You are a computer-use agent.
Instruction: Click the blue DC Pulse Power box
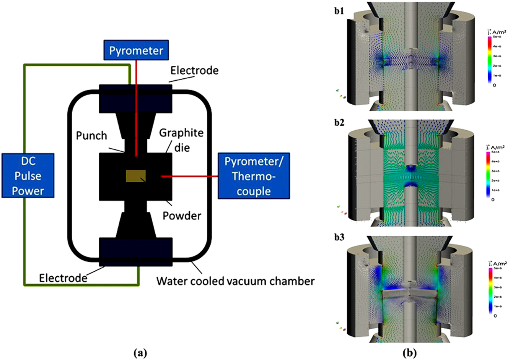tap(28, 175)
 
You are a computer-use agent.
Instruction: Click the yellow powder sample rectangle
tap(136, 176)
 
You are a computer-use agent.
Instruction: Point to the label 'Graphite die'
tap(181, 140)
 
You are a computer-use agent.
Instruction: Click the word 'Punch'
tap(91, 136)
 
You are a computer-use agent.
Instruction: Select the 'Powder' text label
tap(182, 216)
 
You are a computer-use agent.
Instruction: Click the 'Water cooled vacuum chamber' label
tap(235, 281)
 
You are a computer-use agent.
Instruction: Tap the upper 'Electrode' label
tap(194, 70)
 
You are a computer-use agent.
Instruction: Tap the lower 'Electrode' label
tap(63, 278)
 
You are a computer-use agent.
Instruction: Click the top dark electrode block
tap(136, 99)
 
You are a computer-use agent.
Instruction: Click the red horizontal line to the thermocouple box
tap(189, 176)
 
